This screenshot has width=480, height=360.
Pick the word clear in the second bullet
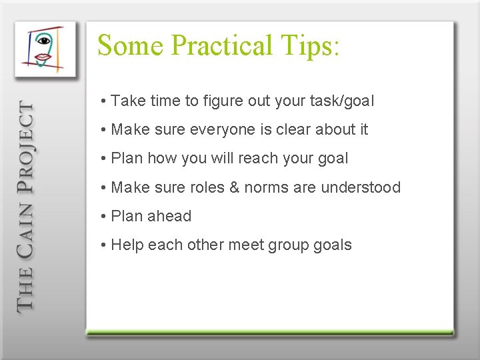295,130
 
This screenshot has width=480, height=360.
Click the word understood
361,187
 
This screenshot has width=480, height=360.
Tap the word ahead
170,216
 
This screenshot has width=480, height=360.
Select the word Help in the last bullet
127,245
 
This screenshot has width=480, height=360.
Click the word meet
245,245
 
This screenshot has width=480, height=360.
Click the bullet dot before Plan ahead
104,217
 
